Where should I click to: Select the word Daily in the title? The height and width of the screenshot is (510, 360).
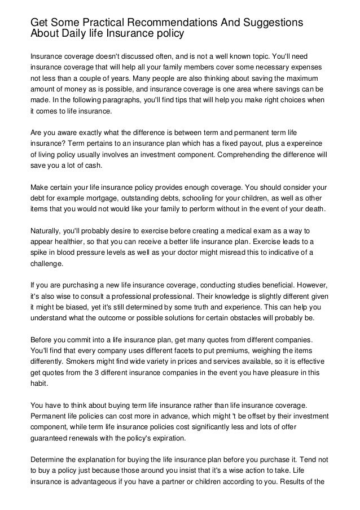pos(71,33)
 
